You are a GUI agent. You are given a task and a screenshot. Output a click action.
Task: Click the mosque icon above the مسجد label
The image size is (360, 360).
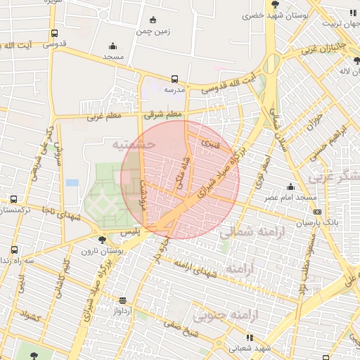(x=114, y=44)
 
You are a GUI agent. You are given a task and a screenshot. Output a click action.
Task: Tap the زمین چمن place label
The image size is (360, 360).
(x=154, y=31)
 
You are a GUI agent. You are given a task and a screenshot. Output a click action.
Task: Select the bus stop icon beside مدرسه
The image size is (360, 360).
(x=174, y=79)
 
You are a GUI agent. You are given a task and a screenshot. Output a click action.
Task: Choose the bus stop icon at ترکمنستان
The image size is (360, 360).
(x=13, y=200)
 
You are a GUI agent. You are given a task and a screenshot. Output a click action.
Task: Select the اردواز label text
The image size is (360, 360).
(x=122, y=309)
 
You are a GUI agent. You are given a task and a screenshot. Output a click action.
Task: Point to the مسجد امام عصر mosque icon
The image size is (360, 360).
(x=290, y=186)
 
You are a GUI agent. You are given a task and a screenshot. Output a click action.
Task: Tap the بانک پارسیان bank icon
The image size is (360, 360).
(x=318, y=211)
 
